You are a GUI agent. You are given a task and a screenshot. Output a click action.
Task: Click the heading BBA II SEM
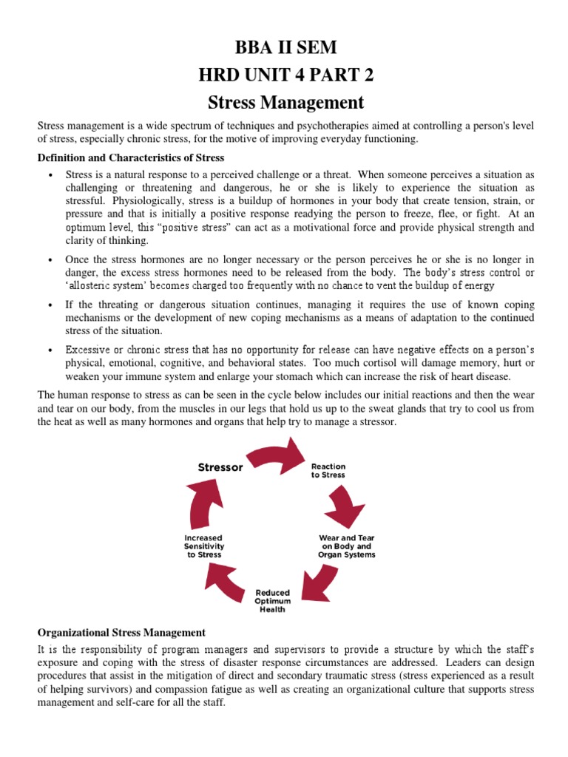coord(285,48)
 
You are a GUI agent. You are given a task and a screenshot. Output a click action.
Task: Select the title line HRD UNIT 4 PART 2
coord(285,75)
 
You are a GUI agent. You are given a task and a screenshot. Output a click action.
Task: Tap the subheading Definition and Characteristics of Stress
coord(131,157)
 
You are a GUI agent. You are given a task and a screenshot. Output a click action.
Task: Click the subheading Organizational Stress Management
coord(121,632)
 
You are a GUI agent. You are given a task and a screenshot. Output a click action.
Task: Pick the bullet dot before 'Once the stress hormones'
coord(50,260)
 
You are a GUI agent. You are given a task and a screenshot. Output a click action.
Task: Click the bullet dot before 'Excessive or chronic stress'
coord(50,350)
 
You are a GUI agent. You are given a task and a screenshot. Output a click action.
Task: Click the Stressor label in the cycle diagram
coord(220,466)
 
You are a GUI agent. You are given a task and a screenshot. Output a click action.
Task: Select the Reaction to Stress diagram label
coord(328,471)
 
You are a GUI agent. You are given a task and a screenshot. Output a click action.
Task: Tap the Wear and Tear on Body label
coord(346,546)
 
